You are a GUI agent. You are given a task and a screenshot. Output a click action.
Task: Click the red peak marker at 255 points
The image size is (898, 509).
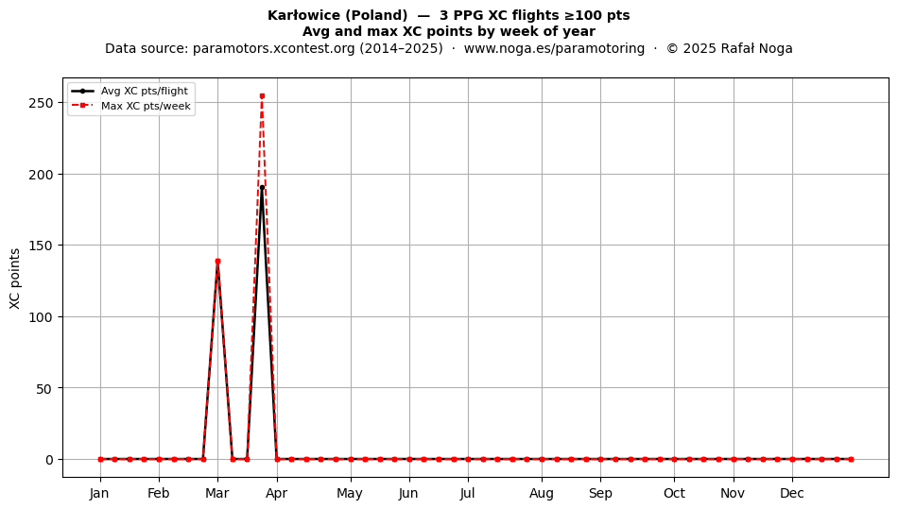coord(262,95)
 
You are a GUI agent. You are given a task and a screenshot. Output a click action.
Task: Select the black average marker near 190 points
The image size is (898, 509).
coord(262,187)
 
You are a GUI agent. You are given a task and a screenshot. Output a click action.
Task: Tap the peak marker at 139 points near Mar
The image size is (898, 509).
coord(217,262)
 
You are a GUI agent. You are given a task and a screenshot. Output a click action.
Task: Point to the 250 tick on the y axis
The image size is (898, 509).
coord(42,103)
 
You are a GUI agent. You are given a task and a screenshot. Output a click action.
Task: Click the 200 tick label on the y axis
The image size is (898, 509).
coord(42,175)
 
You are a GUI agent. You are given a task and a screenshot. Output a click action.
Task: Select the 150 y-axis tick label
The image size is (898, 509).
coord(42,246)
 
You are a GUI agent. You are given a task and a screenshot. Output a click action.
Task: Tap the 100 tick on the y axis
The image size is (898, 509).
coord(42,317)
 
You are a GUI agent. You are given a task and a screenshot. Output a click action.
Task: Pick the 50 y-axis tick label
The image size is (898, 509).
coord(45,388)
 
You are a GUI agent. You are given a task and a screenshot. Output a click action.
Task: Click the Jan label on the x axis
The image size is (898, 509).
coord(99,493)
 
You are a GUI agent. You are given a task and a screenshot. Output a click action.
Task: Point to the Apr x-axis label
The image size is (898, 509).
coord(277,493)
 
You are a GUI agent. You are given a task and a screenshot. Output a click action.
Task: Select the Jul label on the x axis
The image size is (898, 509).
coord(467,493)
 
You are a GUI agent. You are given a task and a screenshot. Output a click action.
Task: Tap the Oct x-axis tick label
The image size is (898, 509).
coord(674,493)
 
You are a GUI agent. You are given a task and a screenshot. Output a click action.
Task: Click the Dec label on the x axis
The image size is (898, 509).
coord(792,493)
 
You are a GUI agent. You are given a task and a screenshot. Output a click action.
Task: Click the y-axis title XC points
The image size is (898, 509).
coord(15,279)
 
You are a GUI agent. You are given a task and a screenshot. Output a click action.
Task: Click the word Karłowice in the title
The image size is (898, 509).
coord(303,15)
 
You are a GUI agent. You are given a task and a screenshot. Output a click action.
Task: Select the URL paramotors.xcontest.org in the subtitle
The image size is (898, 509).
coord(274,48)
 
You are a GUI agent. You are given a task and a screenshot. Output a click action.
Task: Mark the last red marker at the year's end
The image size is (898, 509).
coord(851,459)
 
